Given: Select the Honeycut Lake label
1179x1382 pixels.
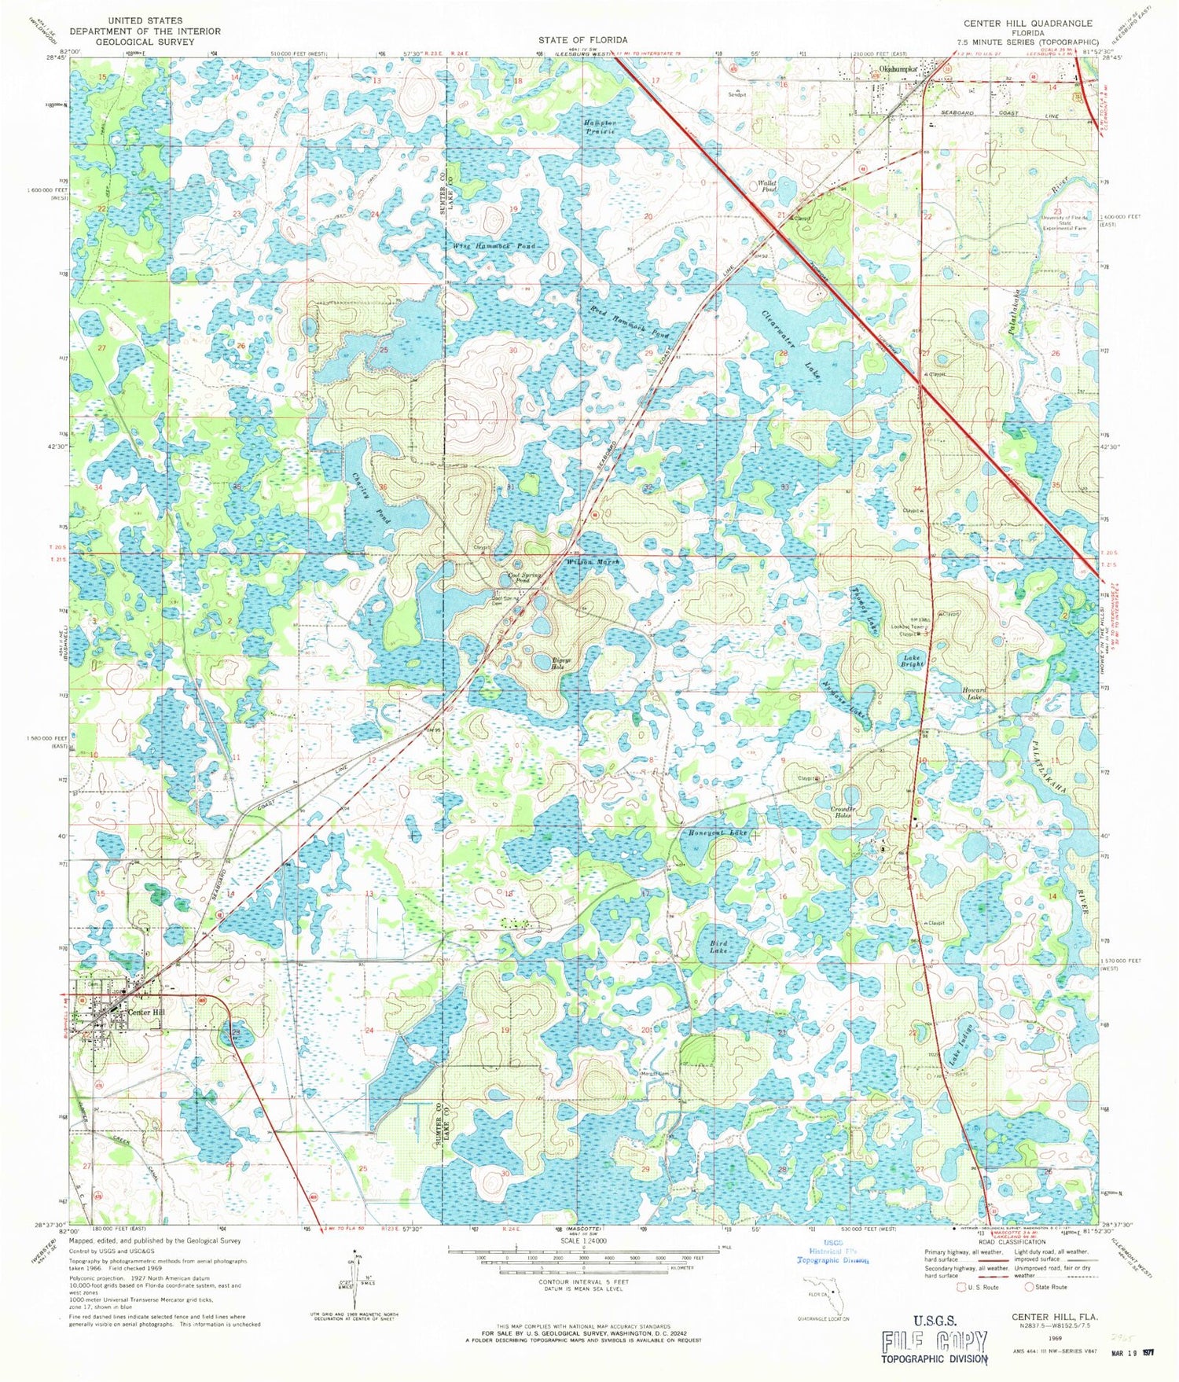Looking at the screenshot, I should [715, 833].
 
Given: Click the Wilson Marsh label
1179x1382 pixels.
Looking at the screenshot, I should [593, 563].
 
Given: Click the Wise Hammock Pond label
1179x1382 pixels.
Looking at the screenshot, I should [494, 246].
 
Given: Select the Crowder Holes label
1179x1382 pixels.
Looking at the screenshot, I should [843, 812].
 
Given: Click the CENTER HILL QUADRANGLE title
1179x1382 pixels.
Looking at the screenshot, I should [1028, 24].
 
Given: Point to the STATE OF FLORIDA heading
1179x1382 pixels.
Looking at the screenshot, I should [582, 39].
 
